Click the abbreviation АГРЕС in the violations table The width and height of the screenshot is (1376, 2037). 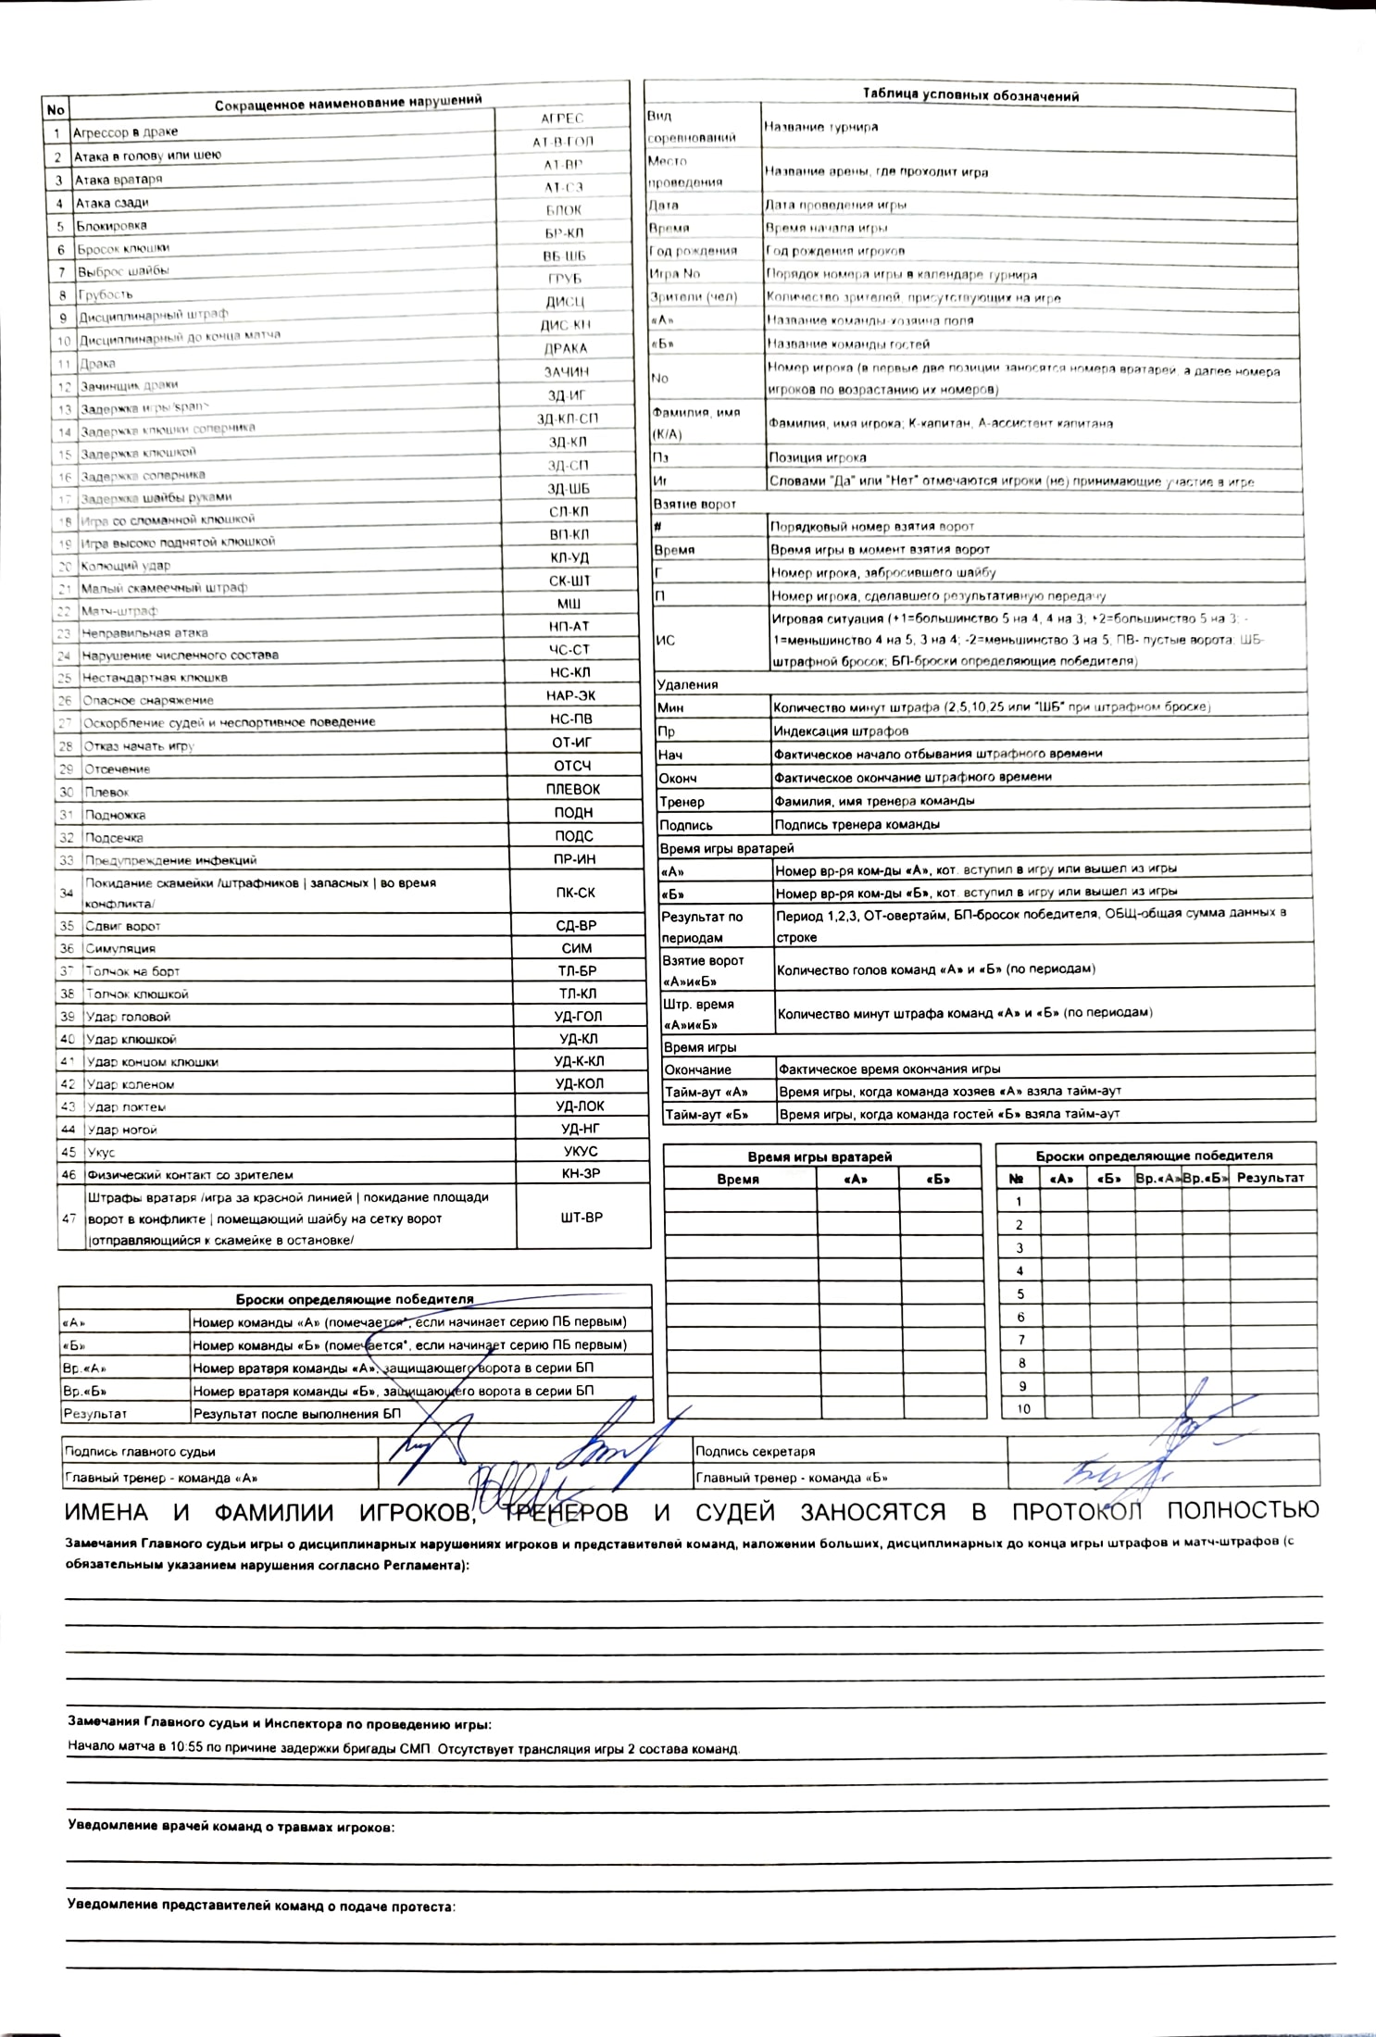point(562,119)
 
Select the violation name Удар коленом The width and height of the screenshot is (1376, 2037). point(130,1084)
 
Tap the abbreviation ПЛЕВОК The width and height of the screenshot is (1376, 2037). point(572,789)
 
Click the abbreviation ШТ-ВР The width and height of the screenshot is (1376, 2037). point(582,1218)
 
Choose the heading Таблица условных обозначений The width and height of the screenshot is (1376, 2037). point(970,95)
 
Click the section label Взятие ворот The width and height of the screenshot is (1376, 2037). point(694,504)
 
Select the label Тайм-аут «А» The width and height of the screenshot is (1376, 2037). point(706,1092)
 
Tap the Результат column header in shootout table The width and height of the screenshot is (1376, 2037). point(1270,1178)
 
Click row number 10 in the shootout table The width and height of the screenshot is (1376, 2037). point(1023,1408)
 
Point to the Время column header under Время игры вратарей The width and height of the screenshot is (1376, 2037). point(738,1180)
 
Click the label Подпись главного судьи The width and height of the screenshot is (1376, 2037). point(139,1452)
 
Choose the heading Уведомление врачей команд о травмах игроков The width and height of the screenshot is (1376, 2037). point(231,1827)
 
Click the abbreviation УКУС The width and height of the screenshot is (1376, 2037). point(581,1152)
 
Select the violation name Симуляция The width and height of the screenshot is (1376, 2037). point(120,948)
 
